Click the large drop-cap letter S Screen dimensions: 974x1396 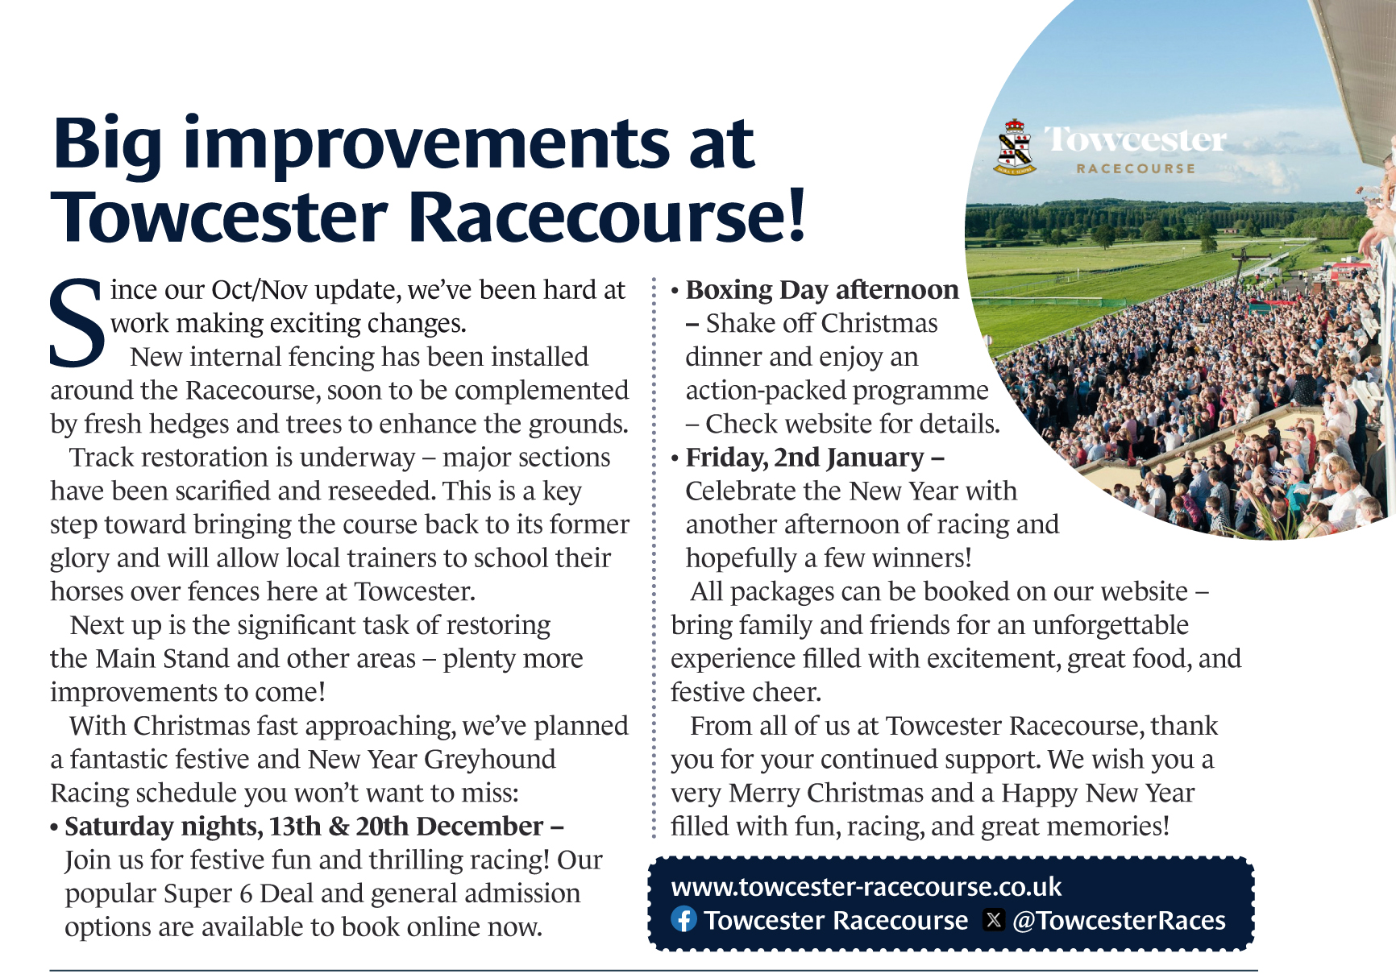click(x=77, y=322)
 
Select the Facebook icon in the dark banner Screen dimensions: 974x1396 click(x=683, y=919)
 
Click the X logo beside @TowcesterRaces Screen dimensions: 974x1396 click(x=994, y=919)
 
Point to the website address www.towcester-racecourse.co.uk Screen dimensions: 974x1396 click(x=866, y=886)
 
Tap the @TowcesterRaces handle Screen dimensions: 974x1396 click(x=1119, y=920)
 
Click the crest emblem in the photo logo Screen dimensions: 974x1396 click(x=1015, y=147)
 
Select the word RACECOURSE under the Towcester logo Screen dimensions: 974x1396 click(x=1136, y=168)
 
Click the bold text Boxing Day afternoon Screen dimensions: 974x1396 click(x=822, y=290)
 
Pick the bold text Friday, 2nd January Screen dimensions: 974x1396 click(x=804, y=458)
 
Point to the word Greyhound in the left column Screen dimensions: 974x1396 click(x=490, y=760)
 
